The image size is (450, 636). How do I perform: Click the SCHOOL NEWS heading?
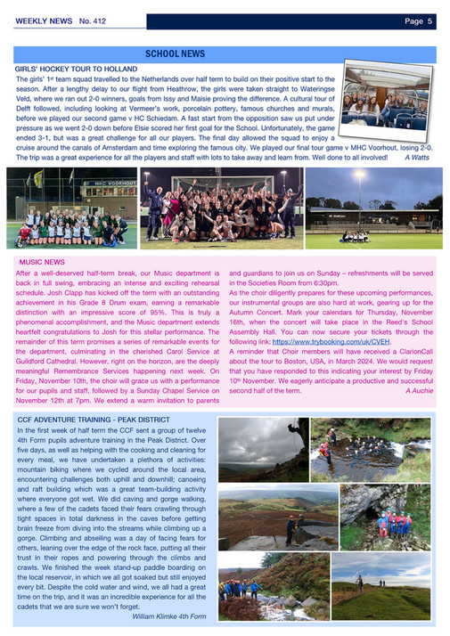(x=175, y=54)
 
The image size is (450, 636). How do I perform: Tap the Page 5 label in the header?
(x=418, y=20)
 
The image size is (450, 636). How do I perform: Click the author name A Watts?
(x=418, y=158)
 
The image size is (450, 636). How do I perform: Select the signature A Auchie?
(x=418, y=390)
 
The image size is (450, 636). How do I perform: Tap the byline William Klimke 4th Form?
(x=168, y=616)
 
